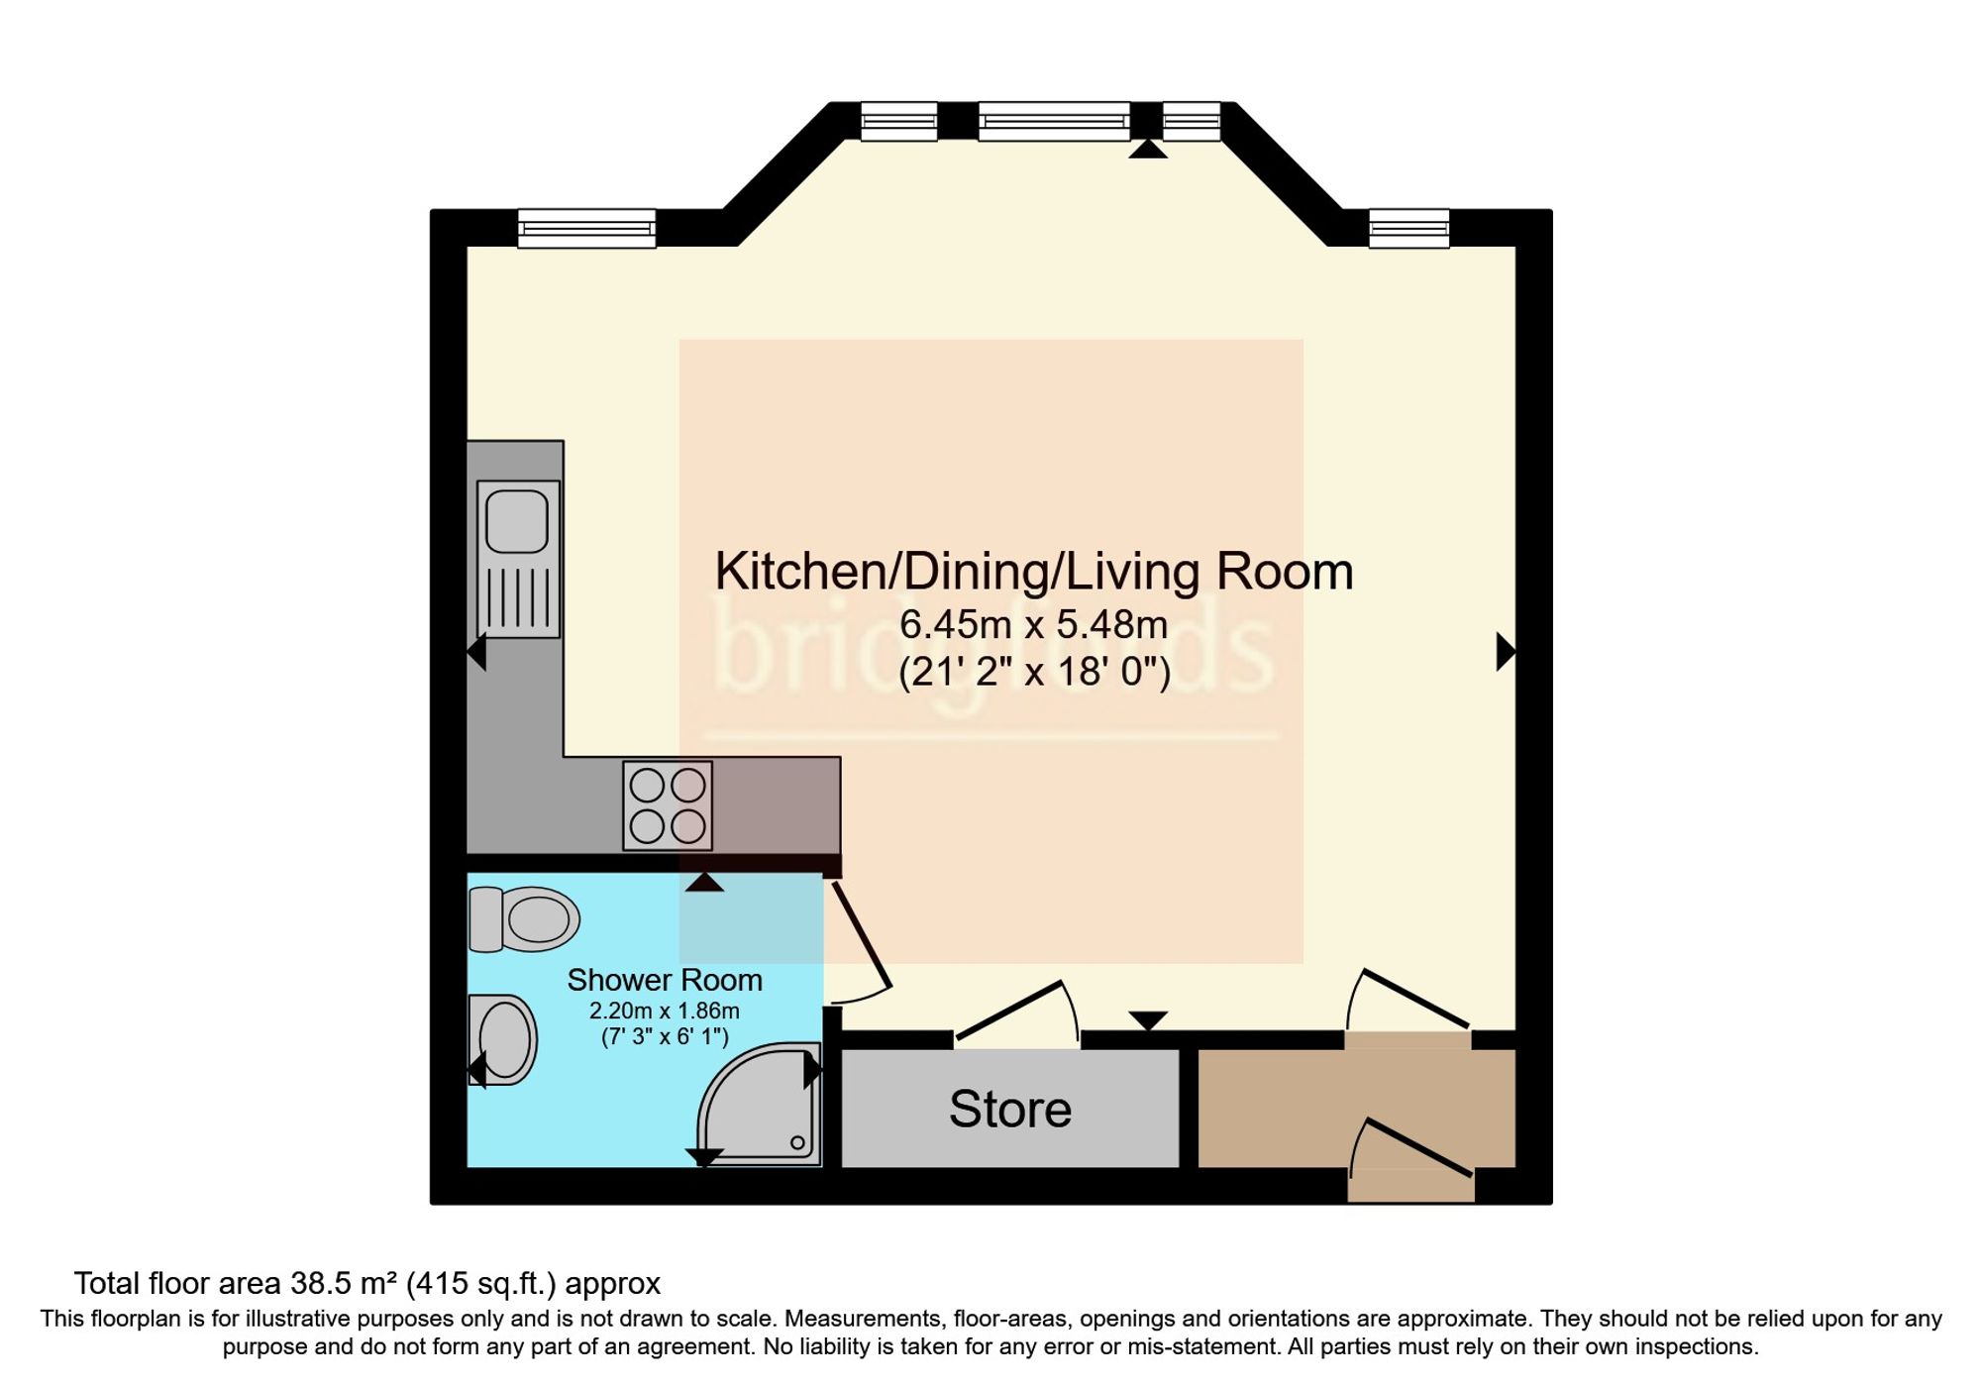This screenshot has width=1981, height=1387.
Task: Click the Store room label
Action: click(x=1010, y=1109)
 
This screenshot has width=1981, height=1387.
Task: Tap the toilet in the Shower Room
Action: click(x=524, y=918)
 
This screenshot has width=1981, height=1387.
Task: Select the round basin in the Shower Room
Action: click(x=503, y=1039)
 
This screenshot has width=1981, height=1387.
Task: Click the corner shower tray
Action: click(x=760, y=1104)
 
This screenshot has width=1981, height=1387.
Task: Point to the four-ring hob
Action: click(x=668, y=805)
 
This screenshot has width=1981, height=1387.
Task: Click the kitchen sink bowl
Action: click(x=517, y=521)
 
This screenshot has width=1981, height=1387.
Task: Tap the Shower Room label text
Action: click(x=665, y=980)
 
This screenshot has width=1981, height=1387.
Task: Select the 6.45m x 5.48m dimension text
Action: click(x=1033, y=624)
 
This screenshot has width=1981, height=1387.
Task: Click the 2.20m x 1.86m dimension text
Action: click(x=665, y=1011)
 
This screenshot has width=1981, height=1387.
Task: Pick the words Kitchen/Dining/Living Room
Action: click(x=1034, y=571)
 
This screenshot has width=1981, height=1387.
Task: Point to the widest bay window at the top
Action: click(x=1054, y=122)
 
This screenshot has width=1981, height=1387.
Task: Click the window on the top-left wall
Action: click(x=586, y=229)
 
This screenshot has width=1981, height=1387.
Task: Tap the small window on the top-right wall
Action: click(x=1408, y=229)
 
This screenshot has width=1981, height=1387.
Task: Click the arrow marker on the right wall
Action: click(x=1506, y=652)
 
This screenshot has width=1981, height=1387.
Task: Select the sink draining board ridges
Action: click(x=518, y=598)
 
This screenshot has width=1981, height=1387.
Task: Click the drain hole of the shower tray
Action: click(x=797, y=1142)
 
